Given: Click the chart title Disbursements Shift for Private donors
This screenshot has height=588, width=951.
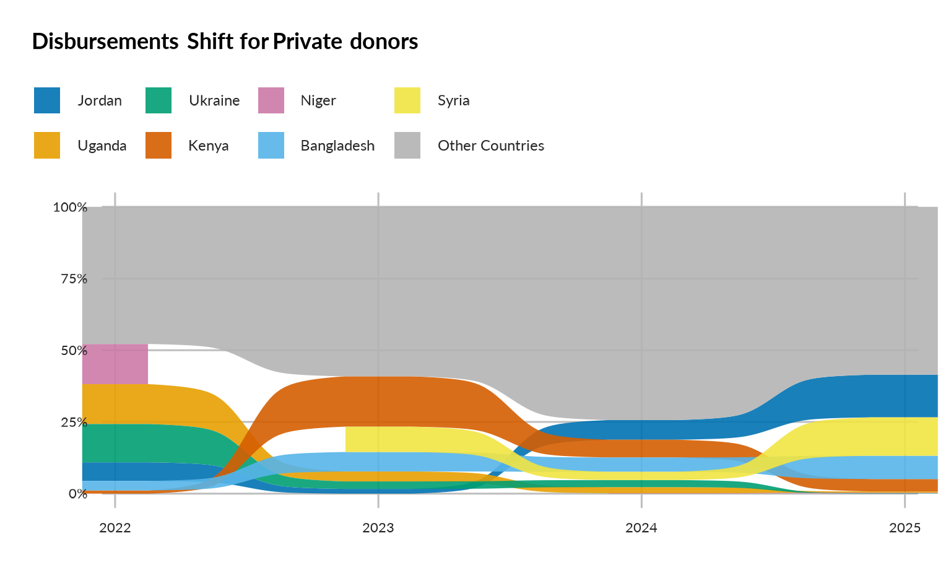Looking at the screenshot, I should (x=225, y=42).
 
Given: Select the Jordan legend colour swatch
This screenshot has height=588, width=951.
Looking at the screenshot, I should (x=47, y=100).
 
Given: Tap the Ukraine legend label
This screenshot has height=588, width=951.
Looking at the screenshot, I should (x=214, y=100).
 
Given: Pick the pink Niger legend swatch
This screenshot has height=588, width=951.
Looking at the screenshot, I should (x=271, y=100).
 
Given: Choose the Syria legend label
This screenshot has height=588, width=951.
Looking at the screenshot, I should (x=453, y=100).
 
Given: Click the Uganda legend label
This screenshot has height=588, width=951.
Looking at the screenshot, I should (x=102, y=146).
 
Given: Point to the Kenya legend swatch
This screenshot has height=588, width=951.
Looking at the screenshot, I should (x=158, y=146).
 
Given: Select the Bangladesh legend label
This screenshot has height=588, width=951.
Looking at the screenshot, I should (x=337, y=146).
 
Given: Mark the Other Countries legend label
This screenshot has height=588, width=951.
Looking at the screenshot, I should (x=491, y=146).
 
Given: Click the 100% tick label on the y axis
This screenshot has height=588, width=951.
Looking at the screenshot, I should (x=70, y=208).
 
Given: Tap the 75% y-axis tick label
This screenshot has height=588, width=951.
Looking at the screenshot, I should (x=74, y=279).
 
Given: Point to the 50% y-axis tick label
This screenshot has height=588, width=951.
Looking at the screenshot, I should (x=74, y=351).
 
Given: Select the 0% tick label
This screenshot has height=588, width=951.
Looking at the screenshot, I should (x=77, y=494).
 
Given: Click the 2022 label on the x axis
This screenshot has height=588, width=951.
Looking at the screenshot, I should (x=115, y=528).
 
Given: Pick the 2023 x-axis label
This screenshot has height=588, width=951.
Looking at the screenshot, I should (x=378, y=528).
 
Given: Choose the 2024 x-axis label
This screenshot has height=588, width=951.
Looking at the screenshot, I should (x=641, y=528).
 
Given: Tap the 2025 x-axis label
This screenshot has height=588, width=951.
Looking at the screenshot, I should (x=905, y=528).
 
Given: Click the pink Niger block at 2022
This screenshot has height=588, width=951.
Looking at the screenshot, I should (x=115, y=364).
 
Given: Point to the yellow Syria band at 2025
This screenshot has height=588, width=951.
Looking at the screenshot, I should (x=905, y=436).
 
